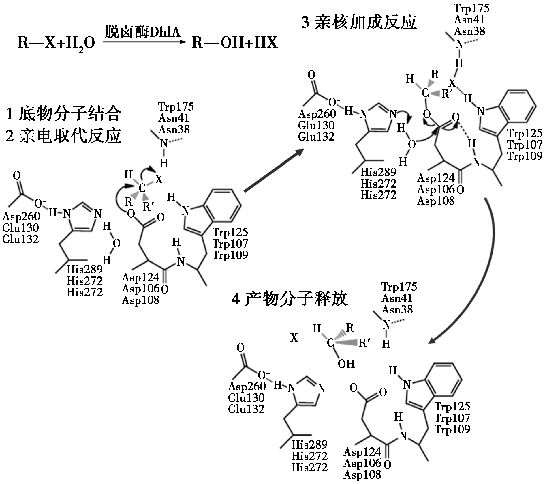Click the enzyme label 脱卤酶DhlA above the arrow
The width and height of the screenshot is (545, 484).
(142, 32)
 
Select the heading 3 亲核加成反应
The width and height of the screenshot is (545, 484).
(359, 22)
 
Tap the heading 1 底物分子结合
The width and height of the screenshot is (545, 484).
(63, 114)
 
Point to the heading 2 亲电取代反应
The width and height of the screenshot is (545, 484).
(63, 136)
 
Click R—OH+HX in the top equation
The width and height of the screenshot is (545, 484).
(234, 43)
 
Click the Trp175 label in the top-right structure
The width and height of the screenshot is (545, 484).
(471, 8)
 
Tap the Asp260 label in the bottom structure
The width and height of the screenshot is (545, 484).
(247, 386)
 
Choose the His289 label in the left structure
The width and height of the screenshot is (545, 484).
(84, 269)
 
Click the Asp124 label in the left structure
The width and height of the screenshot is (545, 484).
(140, 277)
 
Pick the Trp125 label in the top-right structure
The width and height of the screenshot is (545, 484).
(525, 133)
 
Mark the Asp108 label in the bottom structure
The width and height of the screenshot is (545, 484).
(362, 474)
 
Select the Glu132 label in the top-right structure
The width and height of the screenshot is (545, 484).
(316, 137)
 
